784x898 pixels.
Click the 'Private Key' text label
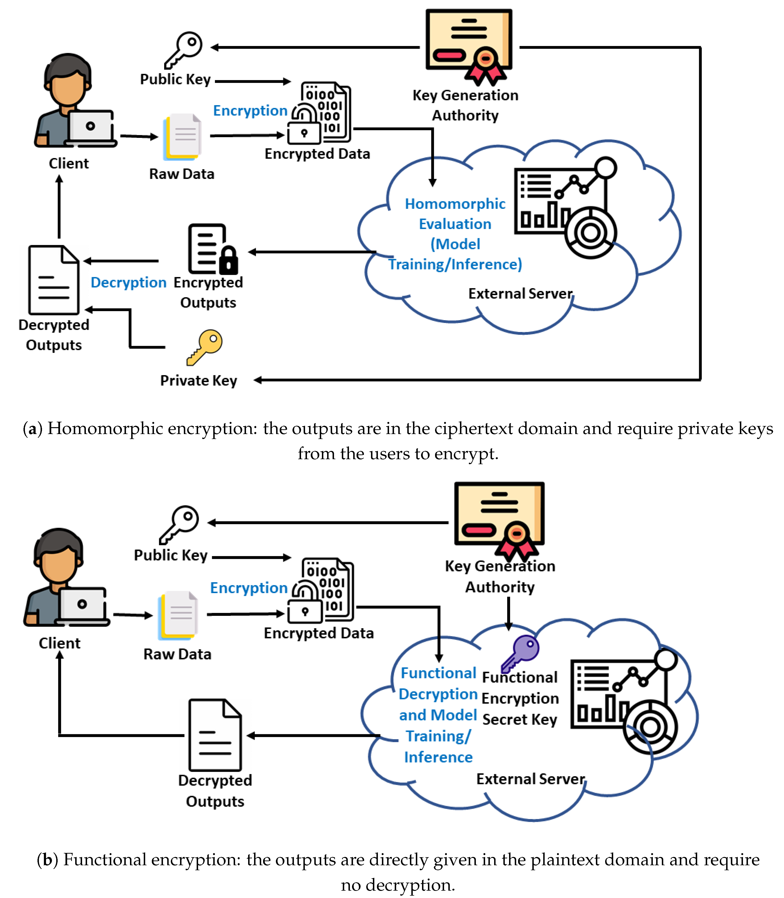click(x=199, y=380)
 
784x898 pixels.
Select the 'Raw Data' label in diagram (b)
click(x=177, y=654)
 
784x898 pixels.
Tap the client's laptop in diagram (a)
click(x=91, y=128)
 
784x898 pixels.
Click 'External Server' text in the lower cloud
click(x=530, y=779)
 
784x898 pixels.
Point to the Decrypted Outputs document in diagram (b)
click(x=215, y=735)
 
